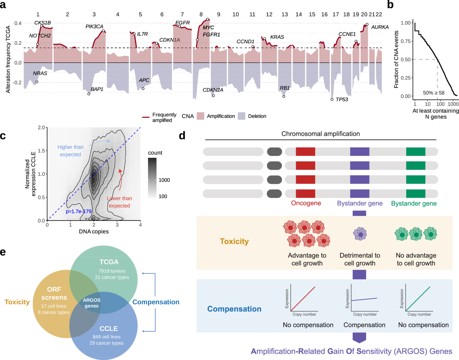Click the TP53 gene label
342,100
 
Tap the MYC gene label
208,28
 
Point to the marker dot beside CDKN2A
213,96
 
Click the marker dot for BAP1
89,94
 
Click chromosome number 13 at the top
284,15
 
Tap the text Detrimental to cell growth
360,259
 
